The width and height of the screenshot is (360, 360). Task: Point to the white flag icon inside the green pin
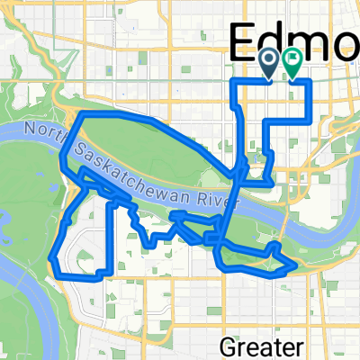pyautogui.click(x=292, y=58)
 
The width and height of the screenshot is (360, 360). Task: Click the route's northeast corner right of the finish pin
pyautogui.click(x=310, y=81)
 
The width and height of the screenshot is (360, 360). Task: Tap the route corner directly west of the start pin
pyautogui.click(x=236, y=81)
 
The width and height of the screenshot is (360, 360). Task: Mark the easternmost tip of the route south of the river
pyautogui.click(x=295, y=265)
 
